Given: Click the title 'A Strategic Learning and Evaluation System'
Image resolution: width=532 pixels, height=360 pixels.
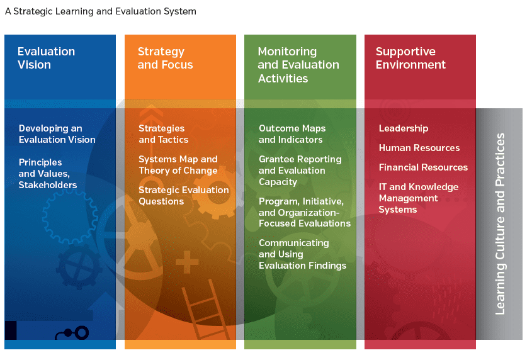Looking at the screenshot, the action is [x=101, y=11].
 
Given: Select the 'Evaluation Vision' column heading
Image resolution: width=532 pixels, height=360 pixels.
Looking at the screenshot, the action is [x=46, y=58].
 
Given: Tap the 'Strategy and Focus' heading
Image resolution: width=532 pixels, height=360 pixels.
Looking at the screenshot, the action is [x=165, y=58].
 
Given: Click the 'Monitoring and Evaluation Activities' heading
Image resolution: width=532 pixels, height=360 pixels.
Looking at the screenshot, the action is [x=298, y=65].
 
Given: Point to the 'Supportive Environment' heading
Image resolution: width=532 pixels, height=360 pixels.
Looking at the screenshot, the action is [x=410, y=58].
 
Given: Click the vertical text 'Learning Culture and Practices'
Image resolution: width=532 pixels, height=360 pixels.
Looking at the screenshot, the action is [x=500, y=224].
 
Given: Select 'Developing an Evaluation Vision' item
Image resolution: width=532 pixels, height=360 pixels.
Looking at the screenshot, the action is [x=57, y=134].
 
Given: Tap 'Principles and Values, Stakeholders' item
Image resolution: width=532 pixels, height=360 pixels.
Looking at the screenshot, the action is [x=47, y=173].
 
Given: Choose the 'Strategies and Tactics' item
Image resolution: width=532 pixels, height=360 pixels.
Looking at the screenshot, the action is [x=163, y=134].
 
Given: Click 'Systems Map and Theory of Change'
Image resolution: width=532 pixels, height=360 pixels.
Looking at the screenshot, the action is [x=178, y=165].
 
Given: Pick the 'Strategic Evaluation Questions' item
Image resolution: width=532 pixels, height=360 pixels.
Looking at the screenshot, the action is [x=184, y=196].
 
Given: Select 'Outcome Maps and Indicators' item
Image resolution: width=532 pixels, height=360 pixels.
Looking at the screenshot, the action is [x=291, y=134].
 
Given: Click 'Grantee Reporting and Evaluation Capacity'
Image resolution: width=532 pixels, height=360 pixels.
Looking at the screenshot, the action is [x=300, y=171].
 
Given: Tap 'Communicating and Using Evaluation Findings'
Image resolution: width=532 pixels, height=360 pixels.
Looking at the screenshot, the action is [x=302, y=254].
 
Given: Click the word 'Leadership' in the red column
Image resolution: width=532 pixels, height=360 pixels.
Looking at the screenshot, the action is [x=404, y=128].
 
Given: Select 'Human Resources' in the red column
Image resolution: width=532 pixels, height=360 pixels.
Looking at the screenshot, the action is [x=419, y=148].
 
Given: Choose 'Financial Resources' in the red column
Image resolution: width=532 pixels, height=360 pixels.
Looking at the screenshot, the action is [x=423, y=167].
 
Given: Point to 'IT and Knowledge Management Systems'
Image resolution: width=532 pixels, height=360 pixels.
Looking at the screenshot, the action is [x=418, y=198].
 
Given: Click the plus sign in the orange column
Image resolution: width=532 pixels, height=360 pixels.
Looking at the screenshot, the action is [x=187, y=262].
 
